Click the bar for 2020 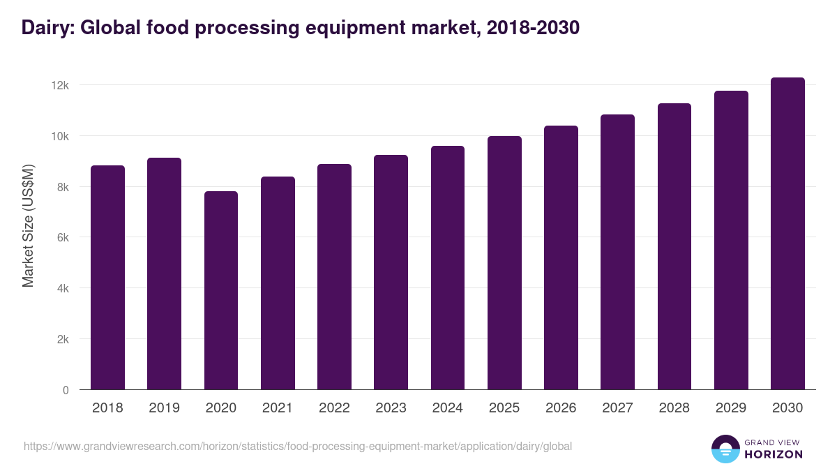click(x=221, y=290)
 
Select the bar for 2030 click(x=787, y=234)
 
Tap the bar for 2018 click(x=107, y=278)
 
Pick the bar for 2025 click(x=504, y=263)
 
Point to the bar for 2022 click(x=334, y=277)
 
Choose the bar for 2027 click(x=617, y=252)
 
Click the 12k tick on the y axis click(x=61, y=85)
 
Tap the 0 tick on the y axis click(x=66, y=390)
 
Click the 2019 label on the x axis click(x=164, y=408)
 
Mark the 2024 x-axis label click(x=447, y=408)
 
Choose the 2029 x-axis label click(x=731, y=408)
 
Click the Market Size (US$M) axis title click(x=28, y=225)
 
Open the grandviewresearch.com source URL click(x=298, y=446)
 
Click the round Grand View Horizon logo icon click(x=725, y=449)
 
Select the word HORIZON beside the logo click(x=773, y=454)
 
